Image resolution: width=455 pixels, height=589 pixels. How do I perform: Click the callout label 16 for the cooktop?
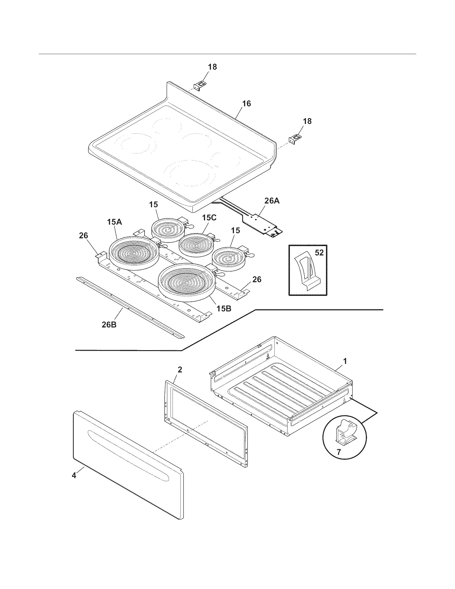pyautogui.click(x=246, y=104)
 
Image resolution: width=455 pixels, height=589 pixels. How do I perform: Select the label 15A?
pyautogui.click(x=115, y=222)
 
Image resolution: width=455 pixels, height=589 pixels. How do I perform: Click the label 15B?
pyautogui.click(x=223, y=308)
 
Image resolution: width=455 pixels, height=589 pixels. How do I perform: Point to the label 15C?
pyautogui.click(x=209, y=218)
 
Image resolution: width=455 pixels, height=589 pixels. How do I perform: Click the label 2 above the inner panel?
pyautogui.click(x=180, y=369)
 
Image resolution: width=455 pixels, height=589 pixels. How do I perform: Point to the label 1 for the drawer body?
pyautogui.click(x=346, y=361)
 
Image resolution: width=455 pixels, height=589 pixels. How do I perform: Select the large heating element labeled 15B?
pyautogui.click(x=187, y=282)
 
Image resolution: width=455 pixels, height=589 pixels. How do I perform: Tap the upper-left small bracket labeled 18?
pyautogui.click(x=200, y=86)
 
